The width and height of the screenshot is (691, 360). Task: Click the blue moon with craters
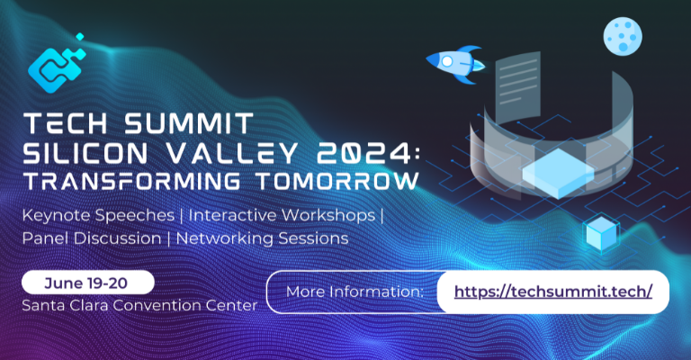pyautogui.click(x=622, y=35)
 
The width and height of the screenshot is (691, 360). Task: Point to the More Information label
pyautogui.click(x=354, y=292)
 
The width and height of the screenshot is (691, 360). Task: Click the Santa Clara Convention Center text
pyautogui.click(x=139, y=305)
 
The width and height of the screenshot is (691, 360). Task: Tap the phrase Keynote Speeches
pyautogui.click(x=86, y=217)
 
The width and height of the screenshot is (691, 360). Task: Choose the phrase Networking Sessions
pyautogui.click(x=262, y=239)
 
